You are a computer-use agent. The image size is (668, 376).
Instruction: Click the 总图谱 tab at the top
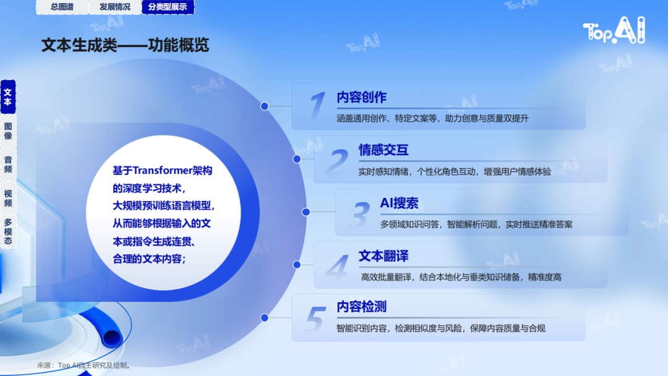point(62,7)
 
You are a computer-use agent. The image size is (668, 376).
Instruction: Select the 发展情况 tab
point(115,7)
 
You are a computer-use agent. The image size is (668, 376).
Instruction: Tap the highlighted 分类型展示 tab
point(168,7)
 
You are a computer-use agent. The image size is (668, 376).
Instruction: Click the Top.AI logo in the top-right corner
point(614,30)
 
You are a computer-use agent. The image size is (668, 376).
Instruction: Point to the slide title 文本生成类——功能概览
point(125,45)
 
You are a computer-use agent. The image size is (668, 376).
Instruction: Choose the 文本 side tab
point(8,97)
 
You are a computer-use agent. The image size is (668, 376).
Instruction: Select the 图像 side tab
point(8,130)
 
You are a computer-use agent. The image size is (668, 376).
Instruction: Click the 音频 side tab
point(8,164)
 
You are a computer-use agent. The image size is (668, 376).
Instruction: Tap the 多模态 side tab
point(8,232)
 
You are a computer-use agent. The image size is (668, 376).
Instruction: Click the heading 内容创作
point(361,97)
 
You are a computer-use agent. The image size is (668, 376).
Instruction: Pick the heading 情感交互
point(383,150)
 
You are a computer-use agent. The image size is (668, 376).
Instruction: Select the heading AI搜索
point(399,203)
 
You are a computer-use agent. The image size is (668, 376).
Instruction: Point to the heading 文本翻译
point(383,256)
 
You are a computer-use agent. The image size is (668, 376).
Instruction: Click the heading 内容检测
point(361,307)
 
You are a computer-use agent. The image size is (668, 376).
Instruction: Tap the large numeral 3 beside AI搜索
point(360,214)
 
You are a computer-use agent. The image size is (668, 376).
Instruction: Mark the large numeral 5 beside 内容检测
point(315,318)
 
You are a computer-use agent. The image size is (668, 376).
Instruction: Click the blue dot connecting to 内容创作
point(265,106)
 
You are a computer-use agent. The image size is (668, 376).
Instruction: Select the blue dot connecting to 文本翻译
point(297,265)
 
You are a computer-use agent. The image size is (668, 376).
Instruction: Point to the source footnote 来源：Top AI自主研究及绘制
point(83,365)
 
